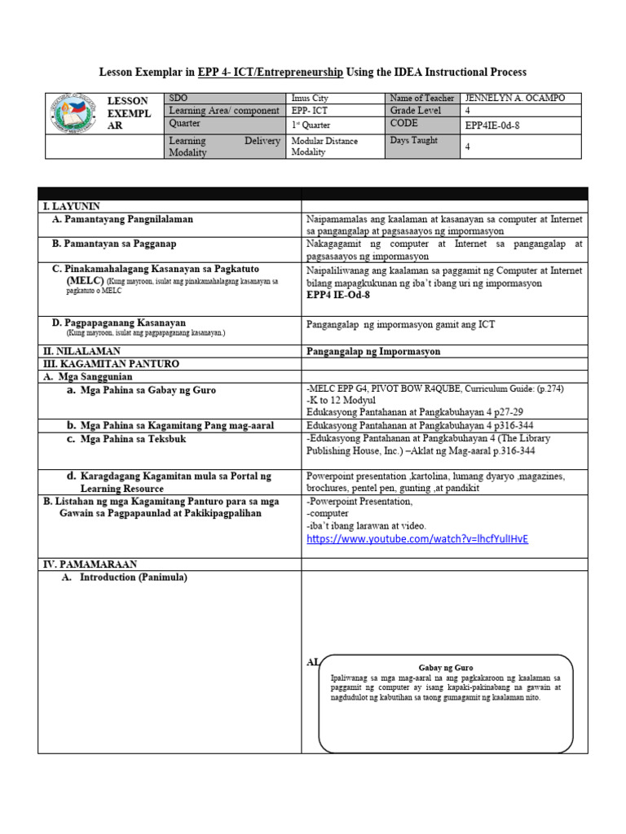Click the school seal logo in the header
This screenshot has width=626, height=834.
coord(74,113)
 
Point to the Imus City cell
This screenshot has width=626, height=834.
coord(310,98)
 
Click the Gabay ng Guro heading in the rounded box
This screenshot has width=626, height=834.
coord(445,667)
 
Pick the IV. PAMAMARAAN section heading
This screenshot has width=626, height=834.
coord(90,564)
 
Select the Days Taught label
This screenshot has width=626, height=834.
coord(414,140)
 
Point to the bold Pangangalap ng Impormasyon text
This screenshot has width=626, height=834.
coord(373,351)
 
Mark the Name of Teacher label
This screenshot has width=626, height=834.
coord(422,98)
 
